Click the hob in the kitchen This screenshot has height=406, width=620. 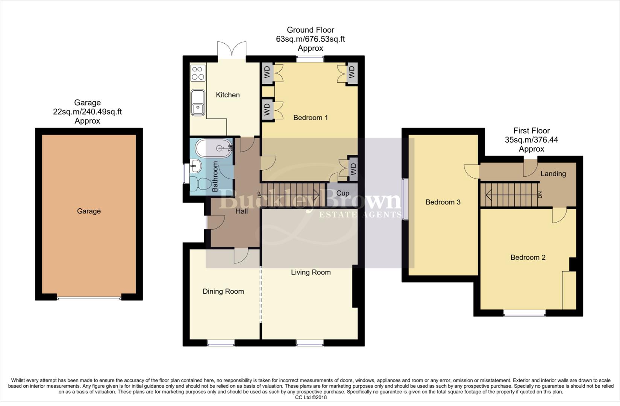pyautogui.click(x=198, y=73)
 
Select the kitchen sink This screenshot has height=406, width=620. pyautogui.click(x=197, y=103)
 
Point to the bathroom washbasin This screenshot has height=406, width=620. pyautogui.click(x=196, y=165)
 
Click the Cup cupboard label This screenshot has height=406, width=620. pyautogui.click(x=343, y=193)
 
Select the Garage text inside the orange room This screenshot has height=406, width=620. pyautogui.click(x=89, y=211)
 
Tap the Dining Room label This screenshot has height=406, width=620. pyautogui.click(x=223, y=291)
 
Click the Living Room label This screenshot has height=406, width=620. pyautogui.click(x=311, y=272)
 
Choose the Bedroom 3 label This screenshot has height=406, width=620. pyautogui.click(x=443, y=202)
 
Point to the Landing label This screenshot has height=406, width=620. pyautogui.click(x=553, y=174)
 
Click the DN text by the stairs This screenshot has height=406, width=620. pyautogui.click(x=540, y=195)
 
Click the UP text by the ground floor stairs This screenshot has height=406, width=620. pyautogui.click(x=259, y=195)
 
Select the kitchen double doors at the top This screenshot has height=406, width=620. pyautogui.click(x=232, y=50)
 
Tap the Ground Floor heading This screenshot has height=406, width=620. pyautogui.click(x=310, y=30)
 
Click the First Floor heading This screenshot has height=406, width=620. pyautogui.click(x=531, y=131)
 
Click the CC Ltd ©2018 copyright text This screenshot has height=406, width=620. pyautogui.click(x=311, y=397)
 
